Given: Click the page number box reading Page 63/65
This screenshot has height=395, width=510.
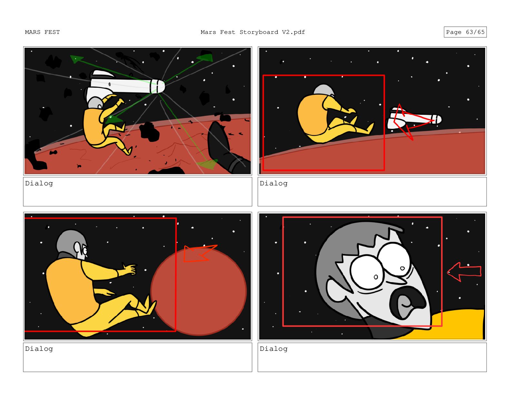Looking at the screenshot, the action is tap(465, 32).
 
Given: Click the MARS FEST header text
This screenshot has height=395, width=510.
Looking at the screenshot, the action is tap(43, 32).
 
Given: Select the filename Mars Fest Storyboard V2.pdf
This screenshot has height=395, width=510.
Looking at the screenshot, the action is tap(252, 32).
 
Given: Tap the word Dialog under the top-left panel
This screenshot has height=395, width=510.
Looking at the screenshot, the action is tap(39, 183).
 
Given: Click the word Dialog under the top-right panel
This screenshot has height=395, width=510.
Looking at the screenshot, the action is tap(273, 183).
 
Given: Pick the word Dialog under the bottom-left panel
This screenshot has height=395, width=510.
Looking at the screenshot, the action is tap(39, 349).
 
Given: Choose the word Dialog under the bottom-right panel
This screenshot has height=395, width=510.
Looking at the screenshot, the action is tap(273, 349).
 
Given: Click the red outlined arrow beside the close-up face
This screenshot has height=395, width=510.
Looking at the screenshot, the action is tap(464, 272).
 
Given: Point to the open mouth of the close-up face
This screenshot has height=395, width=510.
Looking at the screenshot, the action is tap(407, 303).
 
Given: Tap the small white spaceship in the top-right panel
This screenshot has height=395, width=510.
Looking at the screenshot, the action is tap(414, 119).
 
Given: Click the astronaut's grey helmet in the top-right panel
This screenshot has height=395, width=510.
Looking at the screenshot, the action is tap(323, 90).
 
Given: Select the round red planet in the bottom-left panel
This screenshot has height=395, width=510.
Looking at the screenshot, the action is tap(199, 291).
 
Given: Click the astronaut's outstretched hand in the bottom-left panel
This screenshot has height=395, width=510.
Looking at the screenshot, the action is tap(129, 269).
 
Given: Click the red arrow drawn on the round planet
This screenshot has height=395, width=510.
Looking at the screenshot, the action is tap(200, 253).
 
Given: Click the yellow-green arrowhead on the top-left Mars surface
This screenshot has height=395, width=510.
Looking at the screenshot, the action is tap(207, 164).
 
